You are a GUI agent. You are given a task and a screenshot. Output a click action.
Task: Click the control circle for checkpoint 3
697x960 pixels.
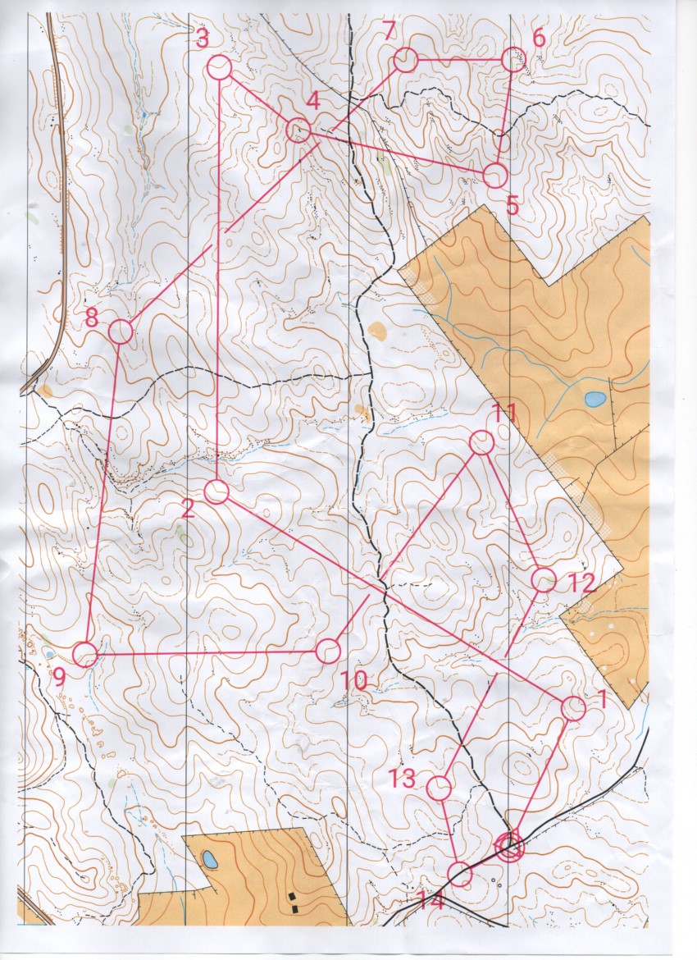[x=219, y=67]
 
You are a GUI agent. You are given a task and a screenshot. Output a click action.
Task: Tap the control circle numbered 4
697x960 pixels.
[x=298, y=129]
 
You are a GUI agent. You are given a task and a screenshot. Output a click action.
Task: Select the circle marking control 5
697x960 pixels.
[x=494, y=175]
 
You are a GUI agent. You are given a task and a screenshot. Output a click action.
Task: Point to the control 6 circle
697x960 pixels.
[x=512, y=59]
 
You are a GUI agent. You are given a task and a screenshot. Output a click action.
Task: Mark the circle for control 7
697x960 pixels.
[x=406, y=60]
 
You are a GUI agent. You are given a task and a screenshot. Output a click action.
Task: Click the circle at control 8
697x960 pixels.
[x=121, y=331]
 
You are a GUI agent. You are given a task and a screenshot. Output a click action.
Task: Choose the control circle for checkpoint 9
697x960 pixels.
[x=84, y=654]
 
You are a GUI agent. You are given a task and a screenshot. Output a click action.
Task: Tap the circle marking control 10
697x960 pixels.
[x=327, y=651]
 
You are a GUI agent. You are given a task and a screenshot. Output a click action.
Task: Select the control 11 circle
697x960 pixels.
[x=481, y=443]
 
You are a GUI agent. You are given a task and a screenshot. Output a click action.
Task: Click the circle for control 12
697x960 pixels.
[x=544, y=580]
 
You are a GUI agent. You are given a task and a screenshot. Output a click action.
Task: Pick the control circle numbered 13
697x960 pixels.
[x=440, y=788]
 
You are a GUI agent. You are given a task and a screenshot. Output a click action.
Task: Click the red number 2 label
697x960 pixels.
[x=187, y=510]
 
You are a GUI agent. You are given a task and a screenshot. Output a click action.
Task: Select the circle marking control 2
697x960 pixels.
[x=216, y=491]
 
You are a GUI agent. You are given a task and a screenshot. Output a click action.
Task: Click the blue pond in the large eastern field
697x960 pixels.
[x=595, y=400]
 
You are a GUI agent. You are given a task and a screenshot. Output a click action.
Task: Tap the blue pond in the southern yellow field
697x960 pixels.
[x=209, y=861]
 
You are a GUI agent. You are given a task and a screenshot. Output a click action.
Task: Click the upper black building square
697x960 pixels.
[x=293, y=895]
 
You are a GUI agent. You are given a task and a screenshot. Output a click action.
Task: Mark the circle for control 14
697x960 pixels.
[x=461, y=875]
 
